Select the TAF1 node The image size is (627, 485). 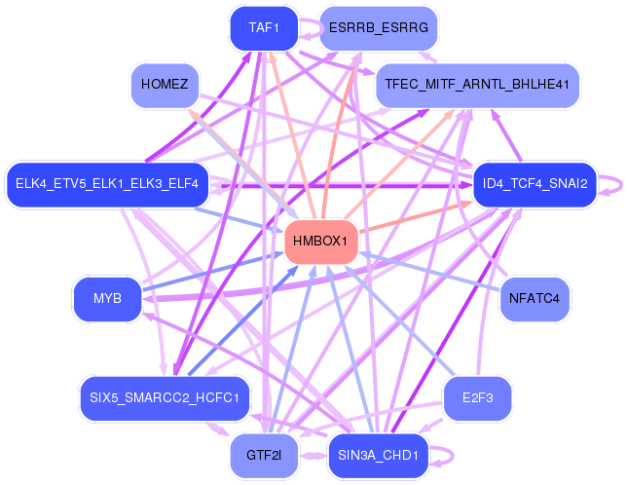(264, 28)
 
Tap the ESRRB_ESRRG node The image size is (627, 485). (378, 28)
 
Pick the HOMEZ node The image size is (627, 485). (165, 85)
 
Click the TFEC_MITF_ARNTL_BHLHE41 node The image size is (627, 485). (476, 85)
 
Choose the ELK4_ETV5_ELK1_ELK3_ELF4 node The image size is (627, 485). (107, 183)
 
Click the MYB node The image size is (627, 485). (107, 299)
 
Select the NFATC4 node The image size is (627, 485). (535, 299)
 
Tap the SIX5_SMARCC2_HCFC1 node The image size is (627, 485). (165, 397)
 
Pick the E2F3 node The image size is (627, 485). (477, 397)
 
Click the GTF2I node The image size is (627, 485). (263, 455)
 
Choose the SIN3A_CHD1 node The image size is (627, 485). (378, 455)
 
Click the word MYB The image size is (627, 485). (107, 299)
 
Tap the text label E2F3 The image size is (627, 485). (477, 397)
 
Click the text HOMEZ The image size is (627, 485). (165, 85)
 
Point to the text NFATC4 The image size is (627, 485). (535, 299)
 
